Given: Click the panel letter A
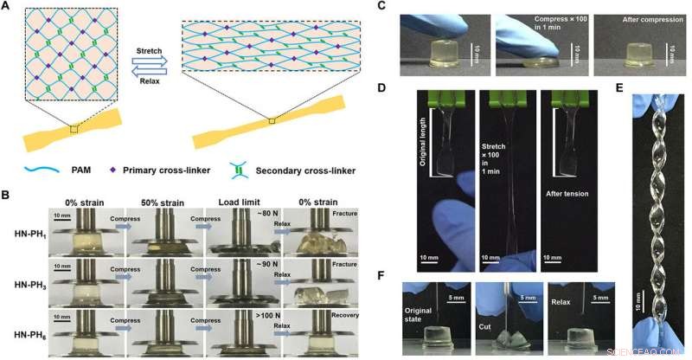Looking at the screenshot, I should pos(8,7).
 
